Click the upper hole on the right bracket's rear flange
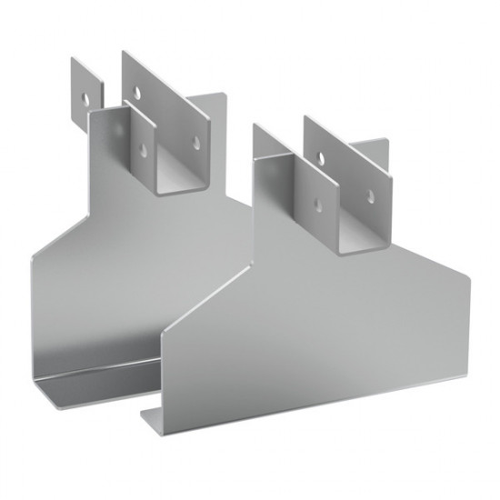coord(317,155)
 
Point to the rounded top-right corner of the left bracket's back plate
coord(221,95)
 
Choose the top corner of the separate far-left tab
coord(74,60)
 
